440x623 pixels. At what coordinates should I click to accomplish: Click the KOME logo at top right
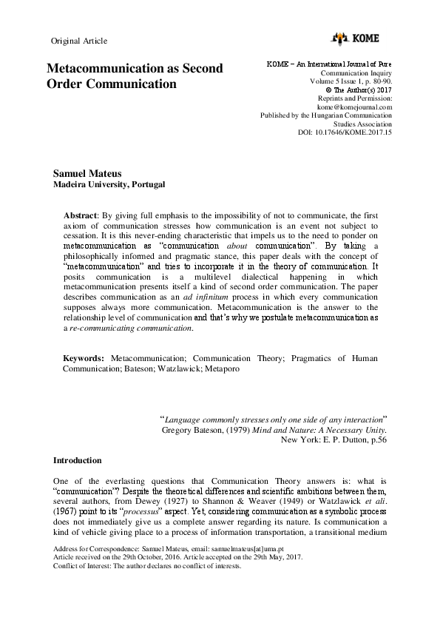click(x=362, y=38)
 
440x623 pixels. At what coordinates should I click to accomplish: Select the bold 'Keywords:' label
click(x=84, y=357)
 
